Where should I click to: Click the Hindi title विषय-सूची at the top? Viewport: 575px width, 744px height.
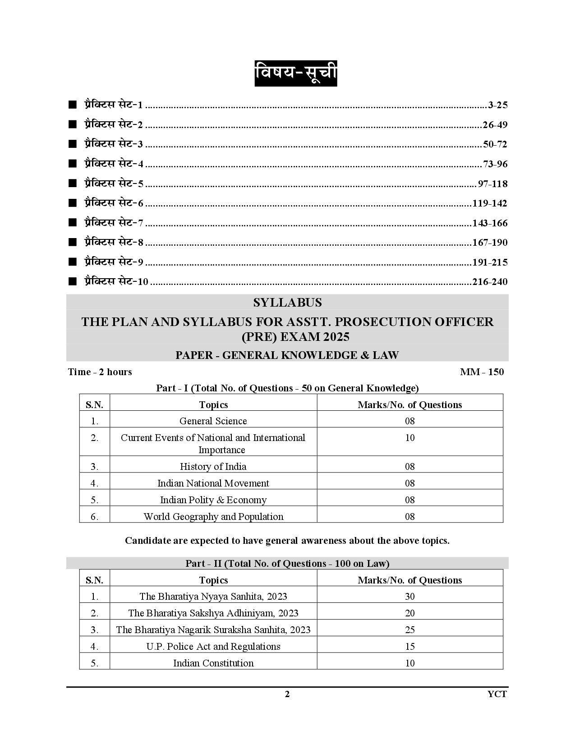point(295,73)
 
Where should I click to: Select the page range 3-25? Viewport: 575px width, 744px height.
point(497,106)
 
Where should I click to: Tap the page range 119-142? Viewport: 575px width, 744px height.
point(490,203)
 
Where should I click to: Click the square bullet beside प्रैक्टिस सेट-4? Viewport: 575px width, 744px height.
point(72,164)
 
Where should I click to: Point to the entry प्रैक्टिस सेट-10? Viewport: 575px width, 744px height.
point(116,281)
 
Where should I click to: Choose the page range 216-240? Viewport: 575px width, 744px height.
point(490,282)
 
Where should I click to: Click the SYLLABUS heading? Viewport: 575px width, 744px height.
point(287,302)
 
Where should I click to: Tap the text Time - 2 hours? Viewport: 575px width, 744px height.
point(100,372)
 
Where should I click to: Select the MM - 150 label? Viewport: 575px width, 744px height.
point(482,372)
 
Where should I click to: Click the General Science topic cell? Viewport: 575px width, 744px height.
point(213,421)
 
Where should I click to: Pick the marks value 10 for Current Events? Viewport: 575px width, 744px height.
point(409,438)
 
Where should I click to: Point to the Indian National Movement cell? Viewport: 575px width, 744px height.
point(213,483)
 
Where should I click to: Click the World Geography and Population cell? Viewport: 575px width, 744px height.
point(213,517)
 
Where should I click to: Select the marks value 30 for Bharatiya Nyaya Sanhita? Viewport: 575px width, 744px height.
point(409,597)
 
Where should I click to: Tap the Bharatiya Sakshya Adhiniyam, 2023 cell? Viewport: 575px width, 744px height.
point(213,613)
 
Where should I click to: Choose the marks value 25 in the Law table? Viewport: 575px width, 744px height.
point(409,630)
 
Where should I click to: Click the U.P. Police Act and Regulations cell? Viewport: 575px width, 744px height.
point(213,647)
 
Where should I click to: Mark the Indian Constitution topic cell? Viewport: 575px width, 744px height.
point(213,663)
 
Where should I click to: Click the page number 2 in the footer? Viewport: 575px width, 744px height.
point(287,694)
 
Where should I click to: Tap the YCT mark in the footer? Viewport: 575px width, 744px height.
point(497,694)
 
